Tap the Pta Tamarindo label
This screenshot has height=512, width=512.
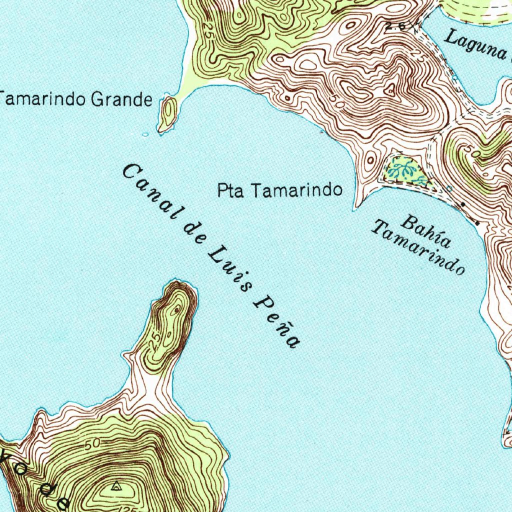tap(280, 190)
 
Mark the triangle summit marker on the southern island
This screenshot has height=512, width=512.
tap(116, 484)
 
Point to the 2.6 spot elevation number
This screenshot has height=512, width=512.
tap(395, 25)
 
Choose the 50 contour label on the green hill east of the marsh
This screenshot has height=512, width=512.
tap(473, 150)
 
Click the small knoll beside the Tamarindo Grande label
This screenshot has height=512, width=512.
tap(168, 113)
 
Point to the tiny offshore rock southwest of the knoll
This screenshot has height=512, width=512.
tap(145, 134)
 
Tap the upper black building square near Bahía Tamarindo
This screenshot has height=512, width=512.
tap(463, 204)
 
